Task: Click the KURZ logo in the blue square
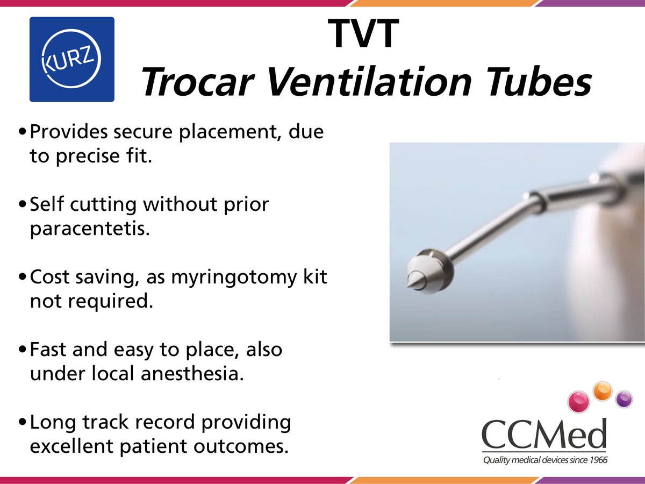coord(71,59)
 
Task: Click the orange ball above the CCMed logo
coord(603,389)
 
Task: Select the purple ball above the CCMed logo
coord(623,399)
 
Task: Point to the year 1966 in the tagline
coord(597,460)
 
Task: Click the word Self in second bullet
coord(46,204)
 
